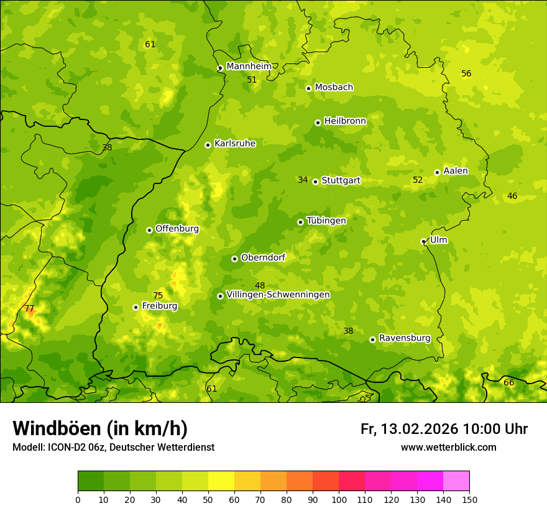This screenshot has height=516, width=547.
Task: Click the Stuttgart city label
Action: point(341,180)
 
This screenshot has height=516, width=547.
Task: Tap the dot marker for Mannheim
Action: point(220,68)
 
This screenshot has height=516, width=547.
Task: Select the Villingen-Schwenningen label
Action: point(278,295)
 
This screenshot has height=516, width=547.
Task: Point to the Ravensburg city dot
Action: point(372,339)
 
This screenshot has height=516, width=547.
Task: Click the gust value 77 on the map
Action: point(29,308)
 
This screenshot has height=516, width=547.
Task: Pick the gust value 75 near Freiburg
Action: point(158,295)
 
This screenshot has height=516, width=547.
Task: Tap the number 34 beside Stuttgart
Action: point(303,180)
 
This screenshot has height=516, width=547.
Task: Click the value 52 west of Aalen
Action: point(418,180)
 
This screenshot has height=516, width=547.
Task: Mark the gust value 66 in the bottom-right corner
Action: point(508,382)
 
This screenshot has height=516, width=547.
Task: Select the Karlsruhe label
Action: point(235,144)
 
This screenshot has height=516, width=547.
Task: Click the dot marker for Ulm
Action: point(424,241)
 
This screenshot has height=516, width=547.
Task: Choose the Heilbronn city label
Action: point(345,121)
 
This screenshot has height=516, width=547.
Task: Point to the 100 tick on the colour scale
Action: point(339,499)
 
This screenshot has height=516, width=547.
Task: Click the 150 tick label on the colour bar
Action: point(469,499)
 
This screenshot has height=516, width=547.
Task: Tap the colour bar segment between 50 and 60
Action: point(221,481)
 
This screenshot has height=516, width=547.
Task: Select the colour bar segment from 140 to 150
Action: point(456,481)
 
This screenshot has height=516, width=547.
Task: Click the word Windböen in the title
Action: point(56,428)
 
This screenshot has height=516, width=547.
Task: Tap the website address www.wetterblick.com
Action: point(448,447)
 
